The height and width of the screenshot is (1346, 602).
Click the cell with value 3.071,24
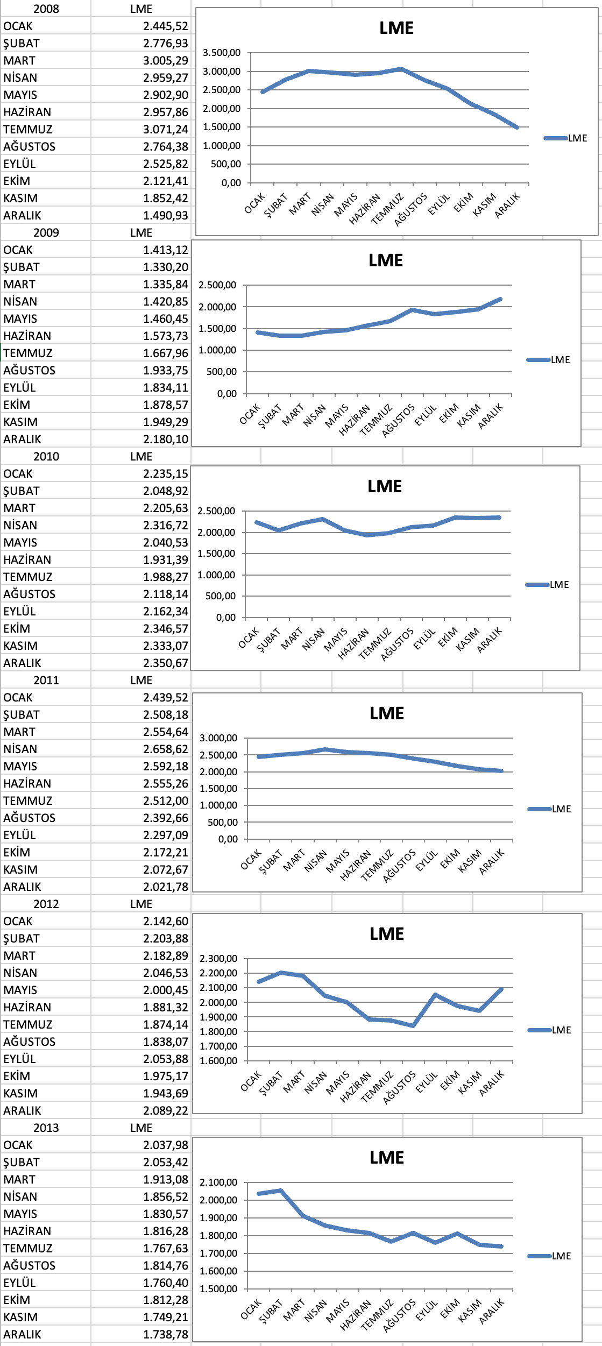tap(165, 129)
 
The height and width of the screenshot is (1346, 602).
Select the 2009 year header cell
tap(46, 232)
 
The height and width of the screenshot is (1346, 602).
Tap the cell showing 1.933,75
tap(165, 370)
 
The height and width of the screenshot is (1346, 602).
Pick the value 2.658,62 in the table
tap(165, 749)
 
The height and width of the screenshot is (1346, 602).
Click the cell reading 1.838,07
tap(165, 1042)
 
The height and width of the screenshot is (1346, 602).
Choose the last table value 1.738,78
tap(165, 1334)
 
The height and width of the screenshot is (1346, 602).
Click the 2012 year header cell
tap(46, 904)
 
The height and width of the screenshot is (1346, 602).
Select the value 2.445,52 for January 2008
tap(165, 26)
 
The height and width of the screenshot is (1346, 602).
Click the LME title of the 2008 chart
tap(396, 28)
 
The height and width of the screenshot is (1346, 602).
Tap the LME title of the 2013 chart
tap(387, 1157)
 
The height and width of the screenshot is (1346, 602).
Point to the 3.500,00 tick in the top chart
tap(221, 53)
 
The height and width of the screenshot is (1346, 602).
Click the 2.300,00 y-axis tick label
tap(218, 958)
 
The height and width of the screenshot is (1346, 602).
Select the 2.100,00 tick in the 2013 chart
tap(218, 1182)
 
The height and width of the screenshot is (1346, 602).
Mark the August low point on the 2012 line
tap(413, 1025)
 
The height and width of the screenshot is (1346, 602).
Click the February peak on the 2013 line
tap(280, 1191)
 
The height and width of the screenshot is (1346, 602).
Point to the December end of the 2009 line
tap(500, 299)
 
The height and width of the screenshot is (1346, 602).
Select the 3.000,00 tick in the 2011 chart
tap(218, 738)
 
